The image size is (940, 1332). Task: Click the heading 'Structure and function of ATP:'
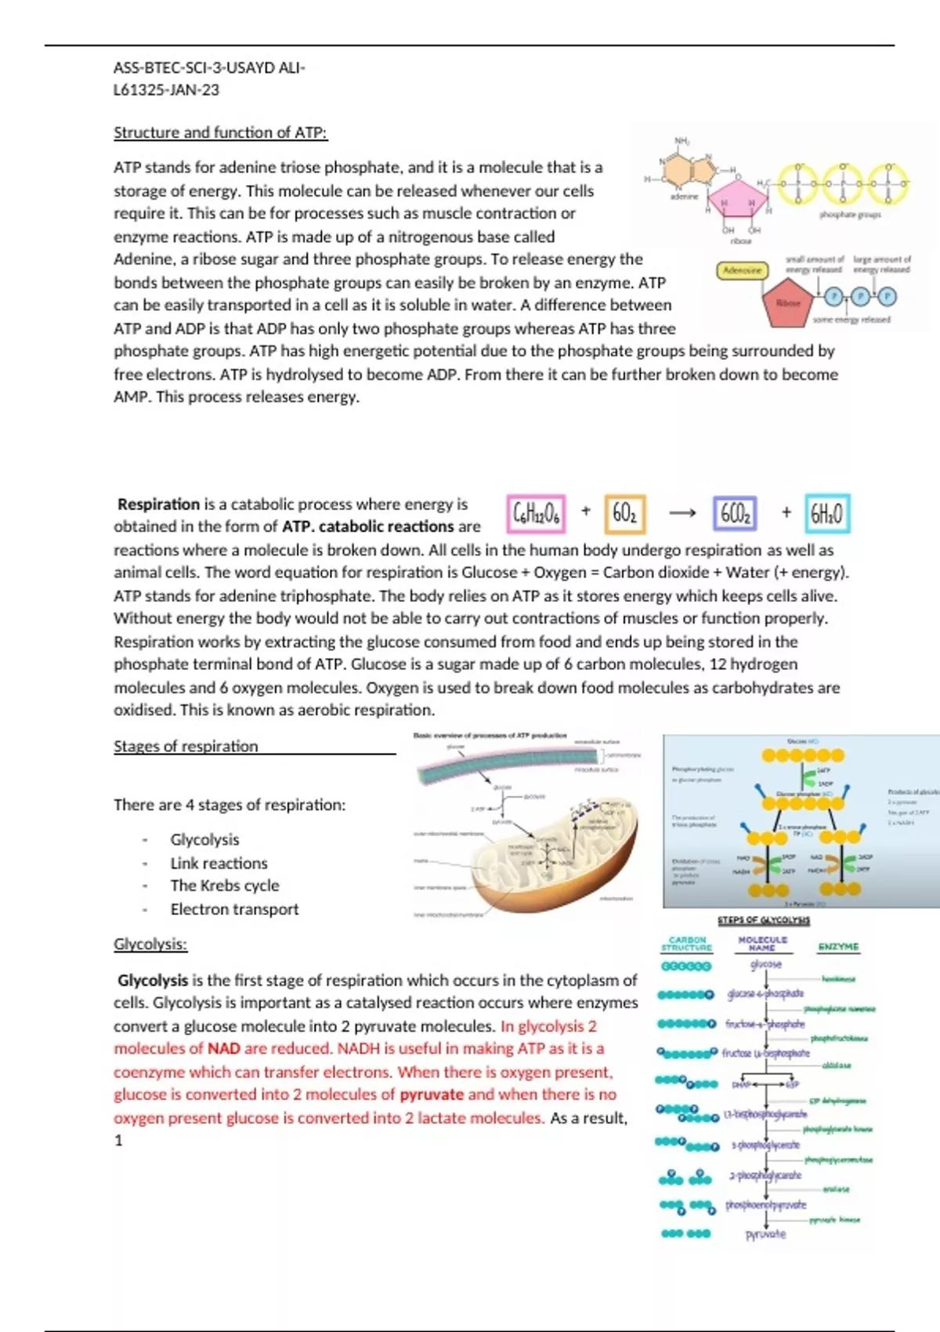(220, 132)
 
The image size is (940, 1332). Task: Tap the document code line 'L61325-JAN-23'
(166, 90)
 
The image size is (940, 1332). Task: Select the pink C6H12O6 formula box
(536, 513)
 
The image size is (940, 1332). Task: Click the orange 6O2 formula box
(624, 513)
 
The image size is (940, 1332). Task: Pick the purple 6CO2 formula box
(735, 513)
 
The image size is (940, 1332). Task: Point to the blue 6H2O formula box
(826, 513)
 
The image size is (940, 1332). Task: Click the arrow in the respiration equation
(681, 513)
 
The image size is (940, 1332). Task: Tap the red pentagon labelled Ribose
(788, 302)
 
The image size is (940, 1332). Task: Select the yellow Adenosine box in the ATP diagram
(742, 270)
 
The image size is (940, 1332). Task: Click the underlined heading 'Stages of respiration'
(186, 746)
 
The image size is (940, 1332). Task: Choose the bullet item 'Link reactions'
(219, 863)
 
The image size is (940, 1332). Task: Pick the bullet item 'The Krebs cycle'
(224, 885)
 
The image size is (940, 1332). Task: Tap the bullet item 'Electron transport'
(234, 909)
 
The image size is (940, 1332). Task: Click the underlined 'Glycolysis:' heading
(150, 944)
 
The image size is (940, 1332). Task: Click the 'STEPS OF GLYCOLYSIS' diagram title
(764, 920)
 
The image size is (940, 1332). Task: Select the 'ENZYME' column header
(838, 947)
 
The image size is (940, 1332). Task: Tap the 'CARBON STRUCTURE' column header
(687, 943)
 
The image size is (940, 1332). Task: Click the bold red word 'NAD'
(223, 1048)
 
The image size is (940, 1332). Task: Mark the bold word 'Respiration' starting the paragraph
(158, 504)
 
